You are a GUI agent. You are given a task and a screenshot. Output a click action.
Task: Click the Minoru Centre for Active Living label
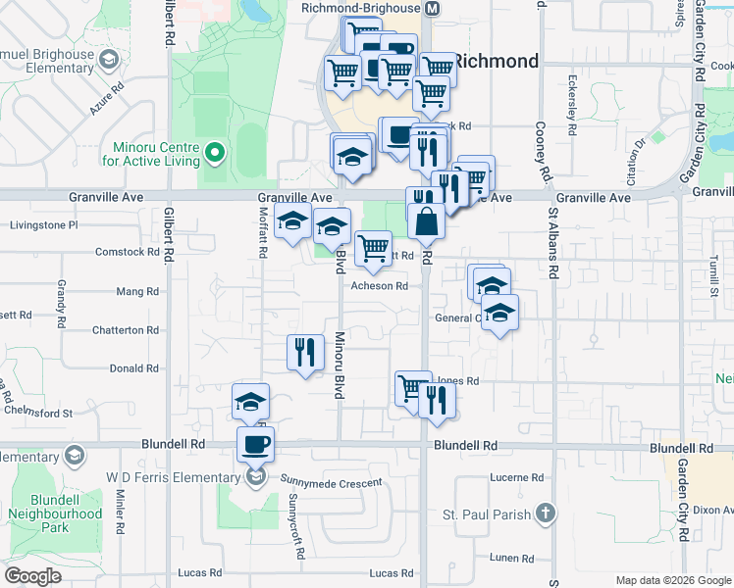coord(150,155)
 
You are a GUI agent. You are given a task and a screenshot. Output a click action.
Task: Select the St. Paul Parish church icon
coord(546,514)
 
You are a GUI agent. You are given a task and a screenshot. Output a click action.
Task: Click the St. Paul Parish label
coord(488,514)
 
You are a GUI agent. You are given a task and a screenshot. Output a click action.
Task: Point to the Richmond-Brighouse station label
coord(361,8)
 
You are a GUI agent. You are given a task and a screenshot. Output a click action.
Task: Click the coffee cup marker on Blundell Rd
coord(255,445)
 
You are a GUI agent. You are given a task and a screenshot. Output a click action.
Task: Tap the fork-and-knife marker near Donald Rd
coord(305,353)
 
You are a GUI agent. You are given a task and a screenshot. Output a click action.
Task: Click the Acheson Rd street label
coord(380,286)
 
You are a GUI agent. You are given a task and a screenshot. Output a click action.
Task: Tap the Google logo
coord(33,577)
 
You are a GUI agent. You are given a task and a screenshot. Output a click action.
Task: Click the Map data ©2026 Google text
coord(672,580)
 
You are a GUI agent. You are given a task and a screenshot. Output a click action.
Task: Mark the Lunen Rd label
coord(512,559)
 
